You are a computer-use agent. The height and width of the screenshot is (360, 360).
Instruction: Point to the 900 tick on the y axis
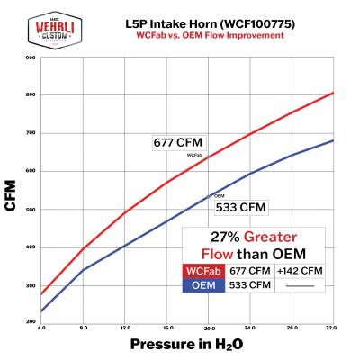point(31,58)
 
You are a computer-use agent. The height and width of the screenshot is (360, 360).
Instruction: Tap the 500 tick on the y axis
point(31,210)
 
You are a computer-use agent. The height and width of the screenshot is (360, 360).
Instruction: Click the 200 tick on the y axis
point(31,321)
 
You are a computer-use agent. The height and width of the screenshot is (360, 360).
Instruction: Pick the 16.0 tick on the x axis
point(167,328)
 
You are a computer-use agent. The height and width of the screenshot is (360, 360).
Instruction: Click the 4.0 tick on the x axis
point(42,328)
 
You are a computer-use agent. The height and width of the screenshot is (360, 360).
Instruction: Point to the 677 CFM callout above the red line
point(178,142)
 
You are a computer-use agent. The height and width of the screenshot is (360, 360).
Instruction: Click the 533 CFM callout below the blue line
point(239,207)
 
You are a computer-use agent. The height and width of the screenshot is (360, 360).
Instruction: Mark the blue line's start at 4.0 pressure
point(42,311)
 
